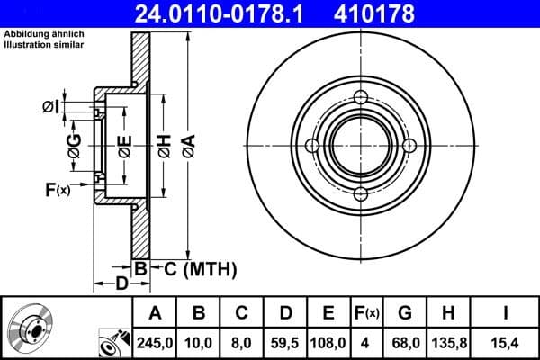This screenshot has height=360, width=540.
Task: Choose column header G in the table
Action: pos(406,312)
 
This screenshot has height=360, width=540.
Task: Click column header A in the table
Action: pos(155,312)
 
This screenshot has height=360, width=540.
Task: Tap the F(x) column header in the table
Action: pos(367,312)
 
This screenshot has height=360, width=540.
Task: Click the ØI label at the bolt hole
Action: pos(52,108)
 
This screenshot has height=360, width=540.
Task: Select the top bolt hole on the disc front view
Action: pos(361,98)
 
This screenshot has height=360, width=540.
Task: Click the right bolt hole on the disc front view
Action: pos(409,146)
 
